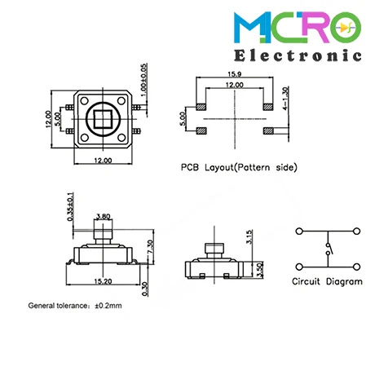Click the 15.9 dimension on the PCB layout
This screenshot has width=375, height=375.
(x=235, y=74)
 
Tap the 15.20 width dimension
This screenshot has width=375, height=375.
(x=103, y=281)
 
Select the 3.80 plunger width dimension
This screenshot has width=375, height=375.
(x=104, y=217)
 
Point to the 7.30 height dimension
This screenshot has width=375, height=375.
(x=151, y=247)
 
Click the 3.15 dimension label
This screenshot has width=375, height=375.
(x=249, y=236)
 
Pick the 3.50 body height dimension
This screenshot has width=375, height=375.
(x=260, y=270)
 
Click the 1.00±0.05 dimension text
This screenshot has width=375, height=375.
(x=143, y=80)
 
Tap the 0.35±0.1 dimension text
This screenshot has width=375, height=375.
(x=70, y=207)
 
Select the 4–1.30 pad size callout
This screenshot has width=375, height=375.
(x=285, y=98)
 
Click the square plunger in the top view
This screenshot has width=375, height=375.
(x=103, y=119)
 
